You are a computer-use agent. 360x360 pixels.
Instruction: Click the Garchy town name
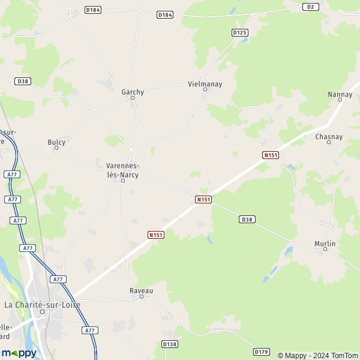(x=133, y=92)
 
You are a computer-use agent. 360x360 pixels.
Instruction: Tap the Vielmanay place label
(x=205, y=84)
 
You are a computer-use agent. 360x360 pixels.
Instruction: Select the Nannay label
(x=340, y=94)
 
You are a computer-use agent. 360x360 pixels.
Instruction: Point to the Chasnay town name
(x=329, y=137)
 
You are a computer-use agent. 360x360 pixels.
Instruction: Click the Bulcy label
(x=56, y=142)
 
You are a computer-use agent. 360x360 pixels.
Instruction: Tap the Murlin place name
(x=325, y=244)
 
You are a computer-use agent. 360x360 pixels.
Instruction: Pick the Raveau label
(x=142, y=290)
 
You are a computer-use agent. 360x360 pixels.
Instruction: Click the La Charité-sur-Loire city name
(x=42, y=304)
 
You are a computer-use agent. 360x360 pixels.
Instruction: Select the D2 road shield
(x=310, y=7)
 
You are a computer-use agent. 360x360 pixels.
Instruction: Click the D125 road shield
(x=239, y=32)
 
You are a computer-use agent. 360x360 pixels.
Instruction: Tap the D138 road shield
(x=170, y=344)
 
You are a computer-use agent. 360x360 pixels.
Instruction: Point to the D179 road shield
(x=261, y=352)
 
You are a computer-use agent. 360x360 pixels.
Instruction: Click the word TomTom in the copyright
(x=344, y=355)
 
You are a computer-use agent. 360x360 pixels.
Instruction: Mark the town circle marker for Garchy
(x=133, y=98)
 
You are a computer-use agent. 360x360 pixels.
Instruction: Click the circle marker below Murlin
(x=325, y=251)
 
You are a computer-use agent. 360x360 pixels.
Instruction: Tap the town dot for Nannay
(x=340, y=101)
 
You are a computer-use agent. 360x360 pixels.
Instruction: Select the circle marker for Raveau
(x=142, y=297)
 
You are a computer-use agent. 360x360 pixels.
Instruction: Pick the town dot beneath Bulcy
(x=56, y=148)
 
